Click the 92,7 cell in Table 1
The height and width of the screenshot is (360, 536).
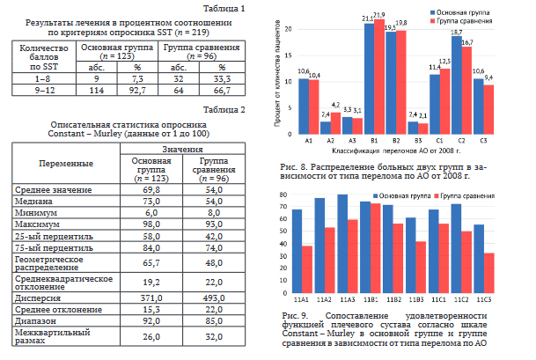136,89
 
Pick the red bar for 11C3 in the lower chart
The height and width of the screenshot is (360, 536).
489,267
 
